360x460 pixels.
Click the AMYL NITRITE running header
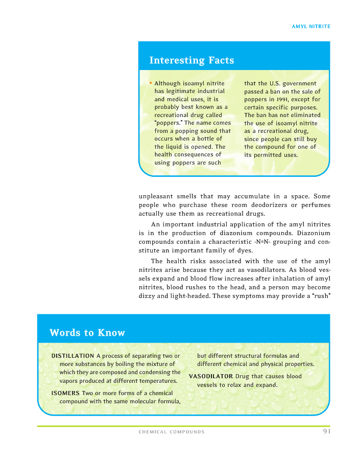tap(310, 26)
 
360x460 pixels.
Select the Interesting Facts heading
tap(191, 60)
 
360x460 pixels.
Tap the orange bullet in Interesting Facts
tap(151, 83)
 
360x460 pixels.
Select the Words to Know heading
tap(87, 333)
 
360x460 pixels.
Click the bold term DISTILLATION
tap(73, 356)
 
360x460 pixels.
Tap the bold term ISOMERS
tap(65, 393)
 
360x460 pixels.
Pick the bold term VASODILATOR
tap(211, 376)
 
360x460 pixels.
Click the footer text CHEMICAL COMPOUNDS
tap(172, 432)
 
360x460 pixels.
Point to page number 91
tap(327, 432)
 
